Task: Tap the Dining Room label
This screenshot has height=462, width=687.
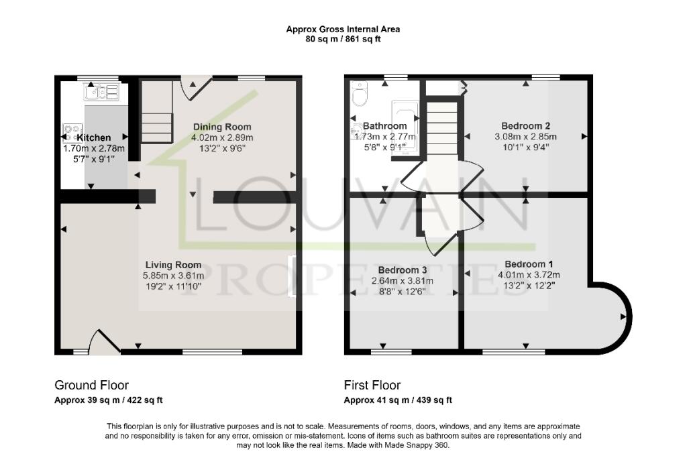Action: click(x=222, y=127)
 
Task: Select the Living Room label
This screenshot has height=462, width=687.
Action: click(x=172, y=265)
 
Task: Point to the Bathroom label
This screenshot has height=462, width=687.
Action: click(x=385, y=126)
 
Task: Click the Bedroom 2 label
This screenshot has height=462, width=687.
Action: click(x=526, y=126)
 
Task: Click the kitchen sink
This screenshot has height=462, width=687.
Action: click(x=101, y=92)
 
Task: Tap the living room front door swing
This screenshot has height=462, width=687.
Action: click(x=104, y=342)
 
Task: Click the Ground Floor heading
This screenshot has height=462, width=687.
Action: click(x=91, y=385)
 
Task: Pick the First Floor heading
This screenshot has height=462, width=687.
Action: click(x=372, y=385)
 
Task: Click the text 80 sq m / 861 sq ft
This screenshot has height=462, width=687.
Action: click(x=343, y=39)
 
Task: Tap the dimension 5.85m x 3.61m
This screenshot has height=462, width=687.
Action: click(x=172, y=276)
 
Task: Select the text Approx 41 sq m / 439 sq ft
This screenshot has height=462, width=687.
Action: click(x=398, y=400)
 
